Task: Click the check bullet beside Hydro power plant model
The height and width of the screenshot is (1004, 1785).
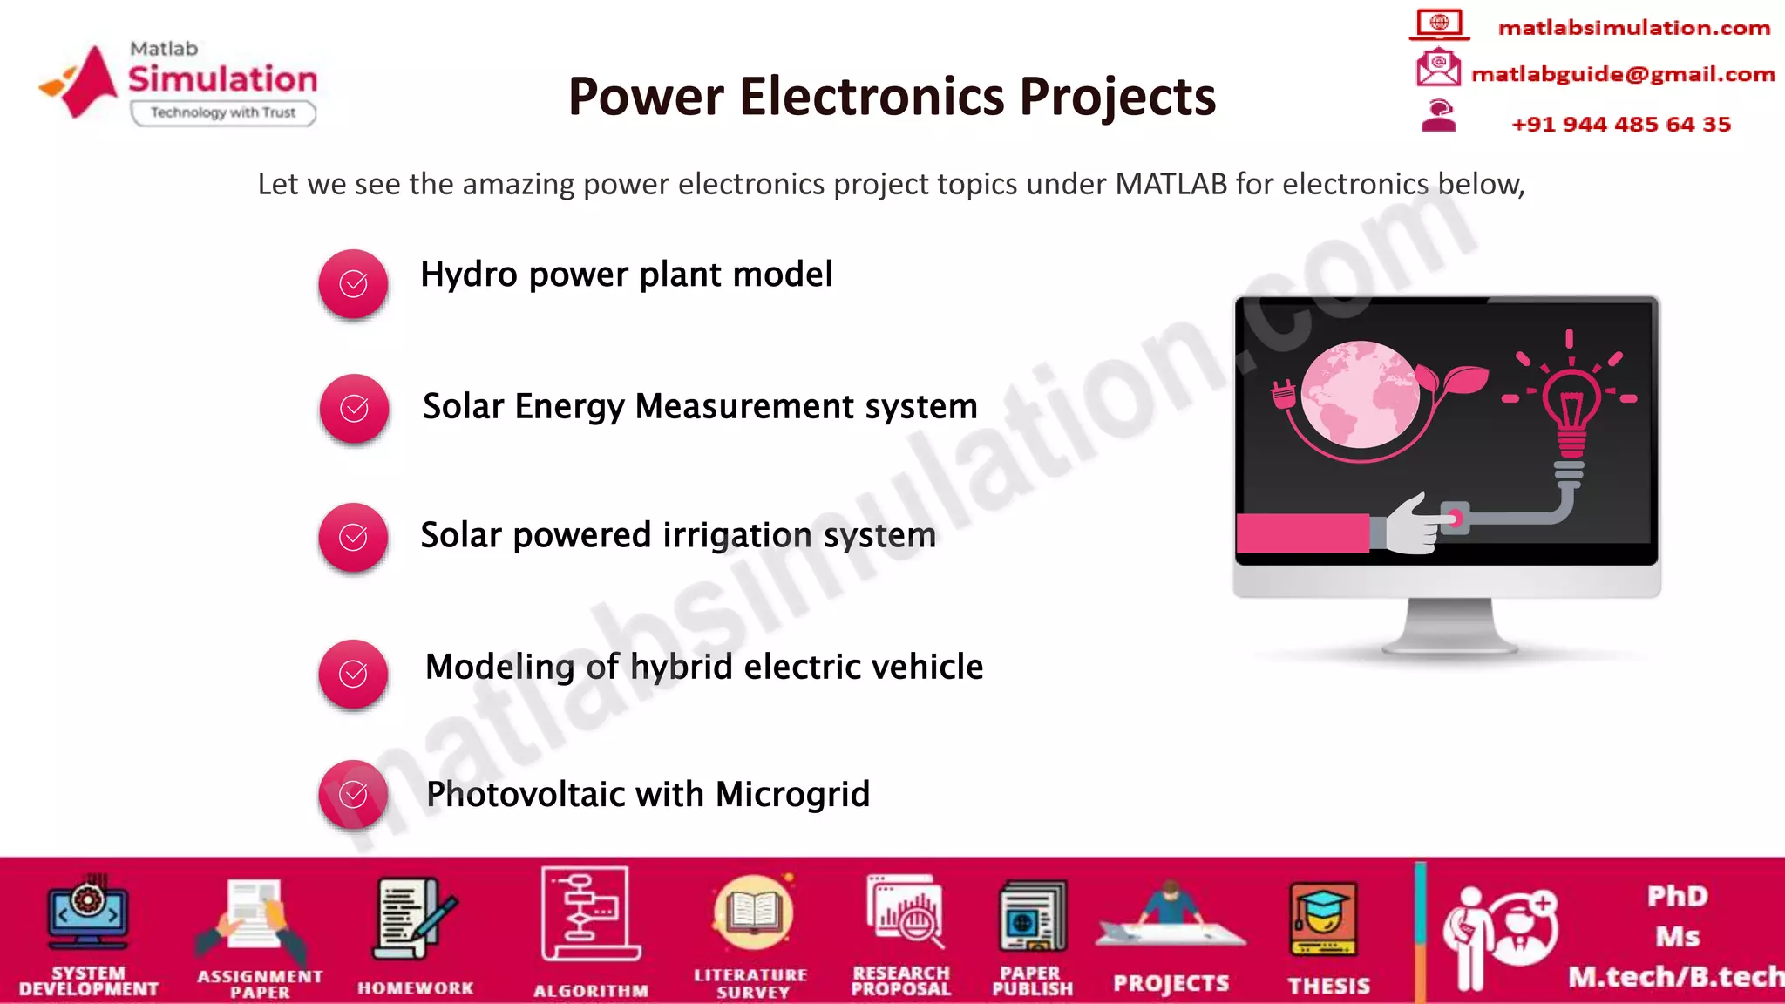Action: (353, 283)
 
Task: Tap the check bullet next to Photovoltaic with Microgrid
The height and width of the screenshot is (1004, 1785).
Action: (353, 794)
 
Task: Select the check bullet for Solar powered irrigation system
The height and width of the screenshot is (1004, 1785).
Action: (353, 537)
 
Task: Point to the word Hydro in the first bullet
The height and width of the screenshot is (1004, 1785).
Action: (469, 275)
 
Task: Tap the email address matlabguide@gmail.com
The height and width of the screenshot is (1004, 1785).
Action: (1623, 74)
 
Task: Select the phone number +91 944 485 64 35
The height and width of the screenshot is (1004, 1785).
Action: (1621, 124)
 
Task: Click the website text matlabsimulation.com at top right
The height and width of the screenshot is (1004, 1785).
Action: (1634, 28)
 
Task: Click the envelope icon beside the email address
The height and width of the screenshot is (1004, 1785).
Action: (1438, 68)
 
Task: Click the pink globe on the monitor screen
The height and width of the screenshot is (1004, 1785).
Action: (1360, 394)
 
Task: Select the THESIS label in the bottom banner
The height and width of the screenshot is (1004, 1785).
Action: (1329, 985)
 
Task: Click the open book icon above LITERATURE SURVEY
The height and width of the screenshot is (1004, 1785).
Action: (753, 912)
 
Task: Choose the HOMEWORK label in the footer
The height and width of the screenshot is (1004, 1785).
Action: (416, 987)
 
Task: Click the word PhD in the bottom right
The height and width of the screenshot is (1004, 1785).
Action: (1677, 896)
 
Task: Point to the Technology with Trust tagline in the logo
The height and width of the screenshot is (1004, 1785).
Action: (223, 112)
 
